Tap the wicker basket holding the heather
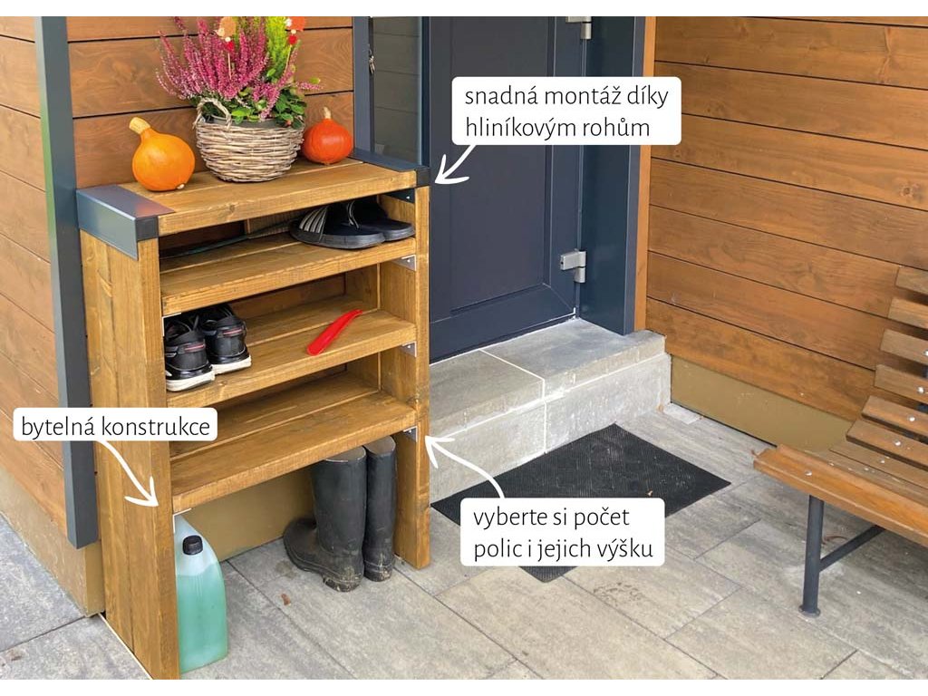(249, 150)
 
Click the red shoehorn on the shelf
(333, 331)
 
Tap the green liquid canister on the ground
(200, 598)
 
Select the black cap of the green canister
(192, 545)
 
